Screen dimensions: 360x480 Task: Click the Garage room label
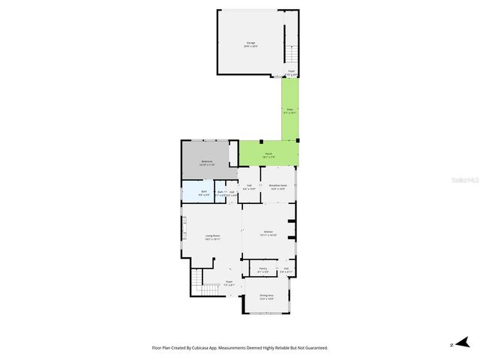pyautogui.click(x=250, y=43)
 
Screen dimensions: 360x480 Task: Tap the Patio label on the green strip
pyautogui.click(x=289, y=109)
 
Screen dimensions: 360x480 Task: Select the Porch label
pyautogui.click(x=268, y=154)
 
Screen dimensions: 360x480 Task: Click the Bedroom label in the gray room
pyautogui.click(x=207, y=161)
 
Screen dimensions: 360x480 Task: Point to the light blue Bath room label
pyautogui.click(x=203, y=192)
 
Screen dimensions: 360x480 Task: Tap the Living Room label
pyautogui.click(x=212, y=235)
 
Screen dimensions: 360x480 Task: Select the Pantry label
pyautogui.click(x=262, y=268)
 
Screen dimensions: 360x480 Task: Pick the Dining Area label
pyautogui.click(x=266, y=296)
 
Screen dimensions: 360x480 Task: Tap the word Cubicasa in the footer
pyautogui.click(x=201, y=348)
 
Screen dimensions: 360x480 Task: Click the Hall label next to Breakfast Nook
pyautogui.click(x=249, y=185)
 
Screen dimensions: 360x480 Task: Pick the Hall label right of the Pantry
pyautogui.click(x=286, y=268)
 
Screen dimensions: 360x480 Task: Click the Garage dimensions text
pyautogui.click(x=250, y=46)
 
